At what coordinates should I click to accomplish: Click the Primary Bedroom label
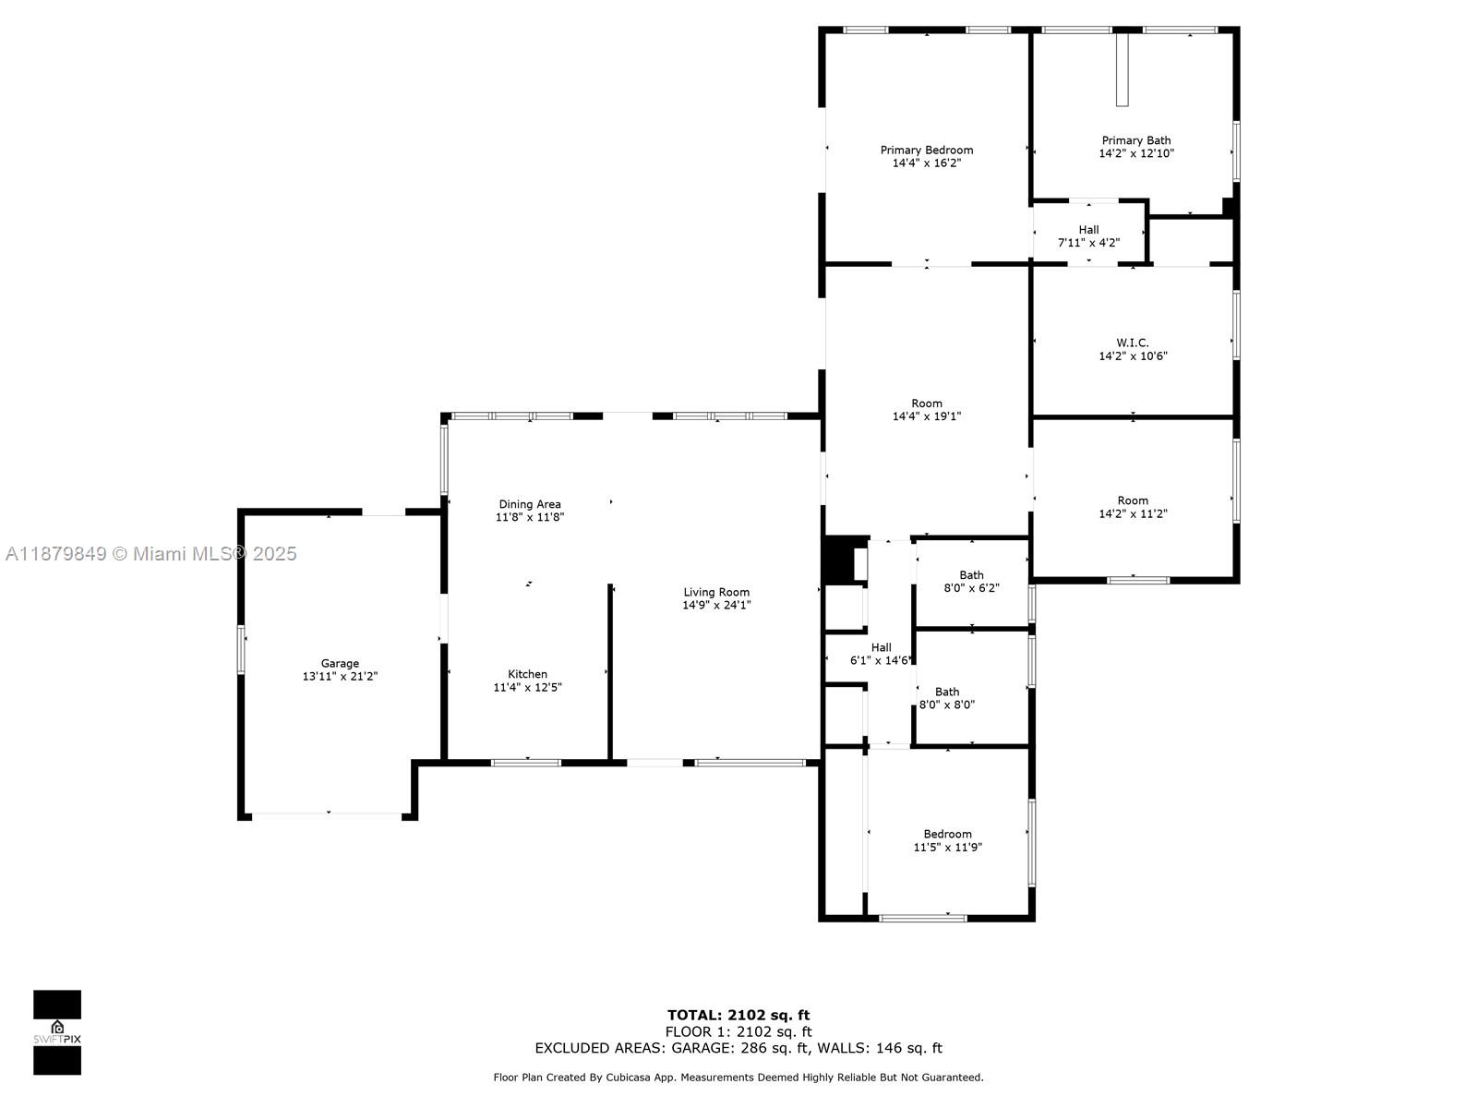click(927, 150)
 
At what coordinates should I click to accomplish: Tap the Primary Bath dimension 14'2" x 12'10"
click(1136, 153)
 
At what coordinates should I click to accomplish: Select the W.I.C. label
click(1133, 343)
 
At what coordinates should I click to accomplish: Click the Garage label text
click(340, 663)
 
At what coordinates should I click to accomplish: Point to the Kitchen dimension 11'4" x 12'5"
click(527, 687)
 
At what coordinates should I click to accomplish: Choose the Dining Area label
click(530, 504)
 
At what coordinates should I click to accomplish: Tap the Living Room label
click(716, 592)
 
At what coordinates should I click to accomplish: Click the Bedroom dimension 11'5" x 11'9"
click(947, 847)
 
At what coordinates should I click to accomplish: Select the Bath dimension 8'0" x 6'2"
click(972, 588)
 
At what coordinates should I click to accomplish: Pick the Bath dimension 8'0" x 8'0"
click(947, 705)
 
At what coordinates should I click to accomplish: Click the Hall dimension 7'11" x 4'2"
click(1088, 243)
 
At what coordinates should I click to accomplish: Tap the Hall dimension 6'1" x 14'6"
click(880, 660)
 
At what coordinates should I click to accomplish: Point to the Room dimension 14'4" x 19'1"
click(927, 416)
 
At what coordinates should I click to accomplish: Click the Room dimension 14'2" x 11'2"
click(1134, 514)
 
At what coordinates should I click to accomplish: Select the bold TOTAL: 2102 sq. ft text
click(738, 1015)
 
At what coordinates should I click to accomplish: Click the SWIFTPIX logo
click(57, 1032)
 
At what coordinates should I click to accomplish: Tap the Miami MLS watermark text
click(150, 554)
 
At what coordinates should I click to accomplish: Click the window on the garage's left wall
click(241, 649)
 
